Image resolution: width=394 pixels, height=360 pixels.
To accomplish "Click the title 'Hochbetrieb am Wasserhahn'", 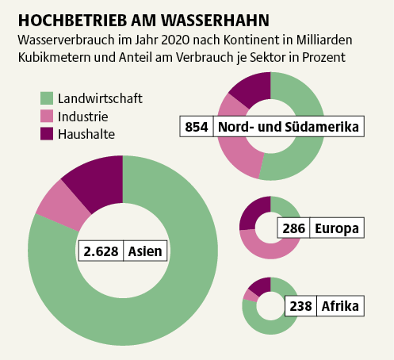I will click(143, 18).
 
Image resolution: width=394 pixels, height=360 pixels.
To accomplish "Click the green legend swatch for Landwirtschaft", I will click(47, 98).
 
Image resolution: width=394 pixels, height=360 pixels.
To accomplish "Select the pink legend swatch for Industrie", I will click(47, 117).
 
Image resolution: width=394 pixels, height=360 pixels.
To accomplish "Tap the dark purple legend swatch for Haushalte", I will click(47, 134).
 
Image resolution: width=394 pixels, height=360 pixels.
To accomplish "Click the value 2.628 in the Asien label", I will click(101, 252).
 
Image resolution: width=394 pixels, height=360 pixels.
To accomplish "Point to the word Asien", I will click(147, 252).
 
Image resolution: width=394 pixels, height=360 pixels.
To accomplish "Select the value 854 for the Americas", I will click(196, 127).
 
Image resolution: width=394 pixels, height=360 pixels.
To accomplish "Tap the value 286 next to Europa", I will click(293, 229).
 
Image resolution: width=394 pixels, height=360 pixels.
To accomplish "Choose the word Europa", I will click(337, 229).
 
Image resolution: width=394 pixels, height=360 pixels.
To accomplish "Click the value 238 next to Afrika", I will click(301, 305).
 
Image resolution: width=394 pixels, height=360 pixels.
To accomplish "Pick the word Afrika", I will click(339, 305).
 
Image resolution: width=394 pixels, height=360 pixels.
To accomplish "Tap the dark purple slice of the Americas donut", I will click(250, 89).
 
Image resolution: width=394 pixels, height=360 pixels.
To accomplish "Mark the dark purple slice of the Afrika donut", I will click(259, 285).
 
